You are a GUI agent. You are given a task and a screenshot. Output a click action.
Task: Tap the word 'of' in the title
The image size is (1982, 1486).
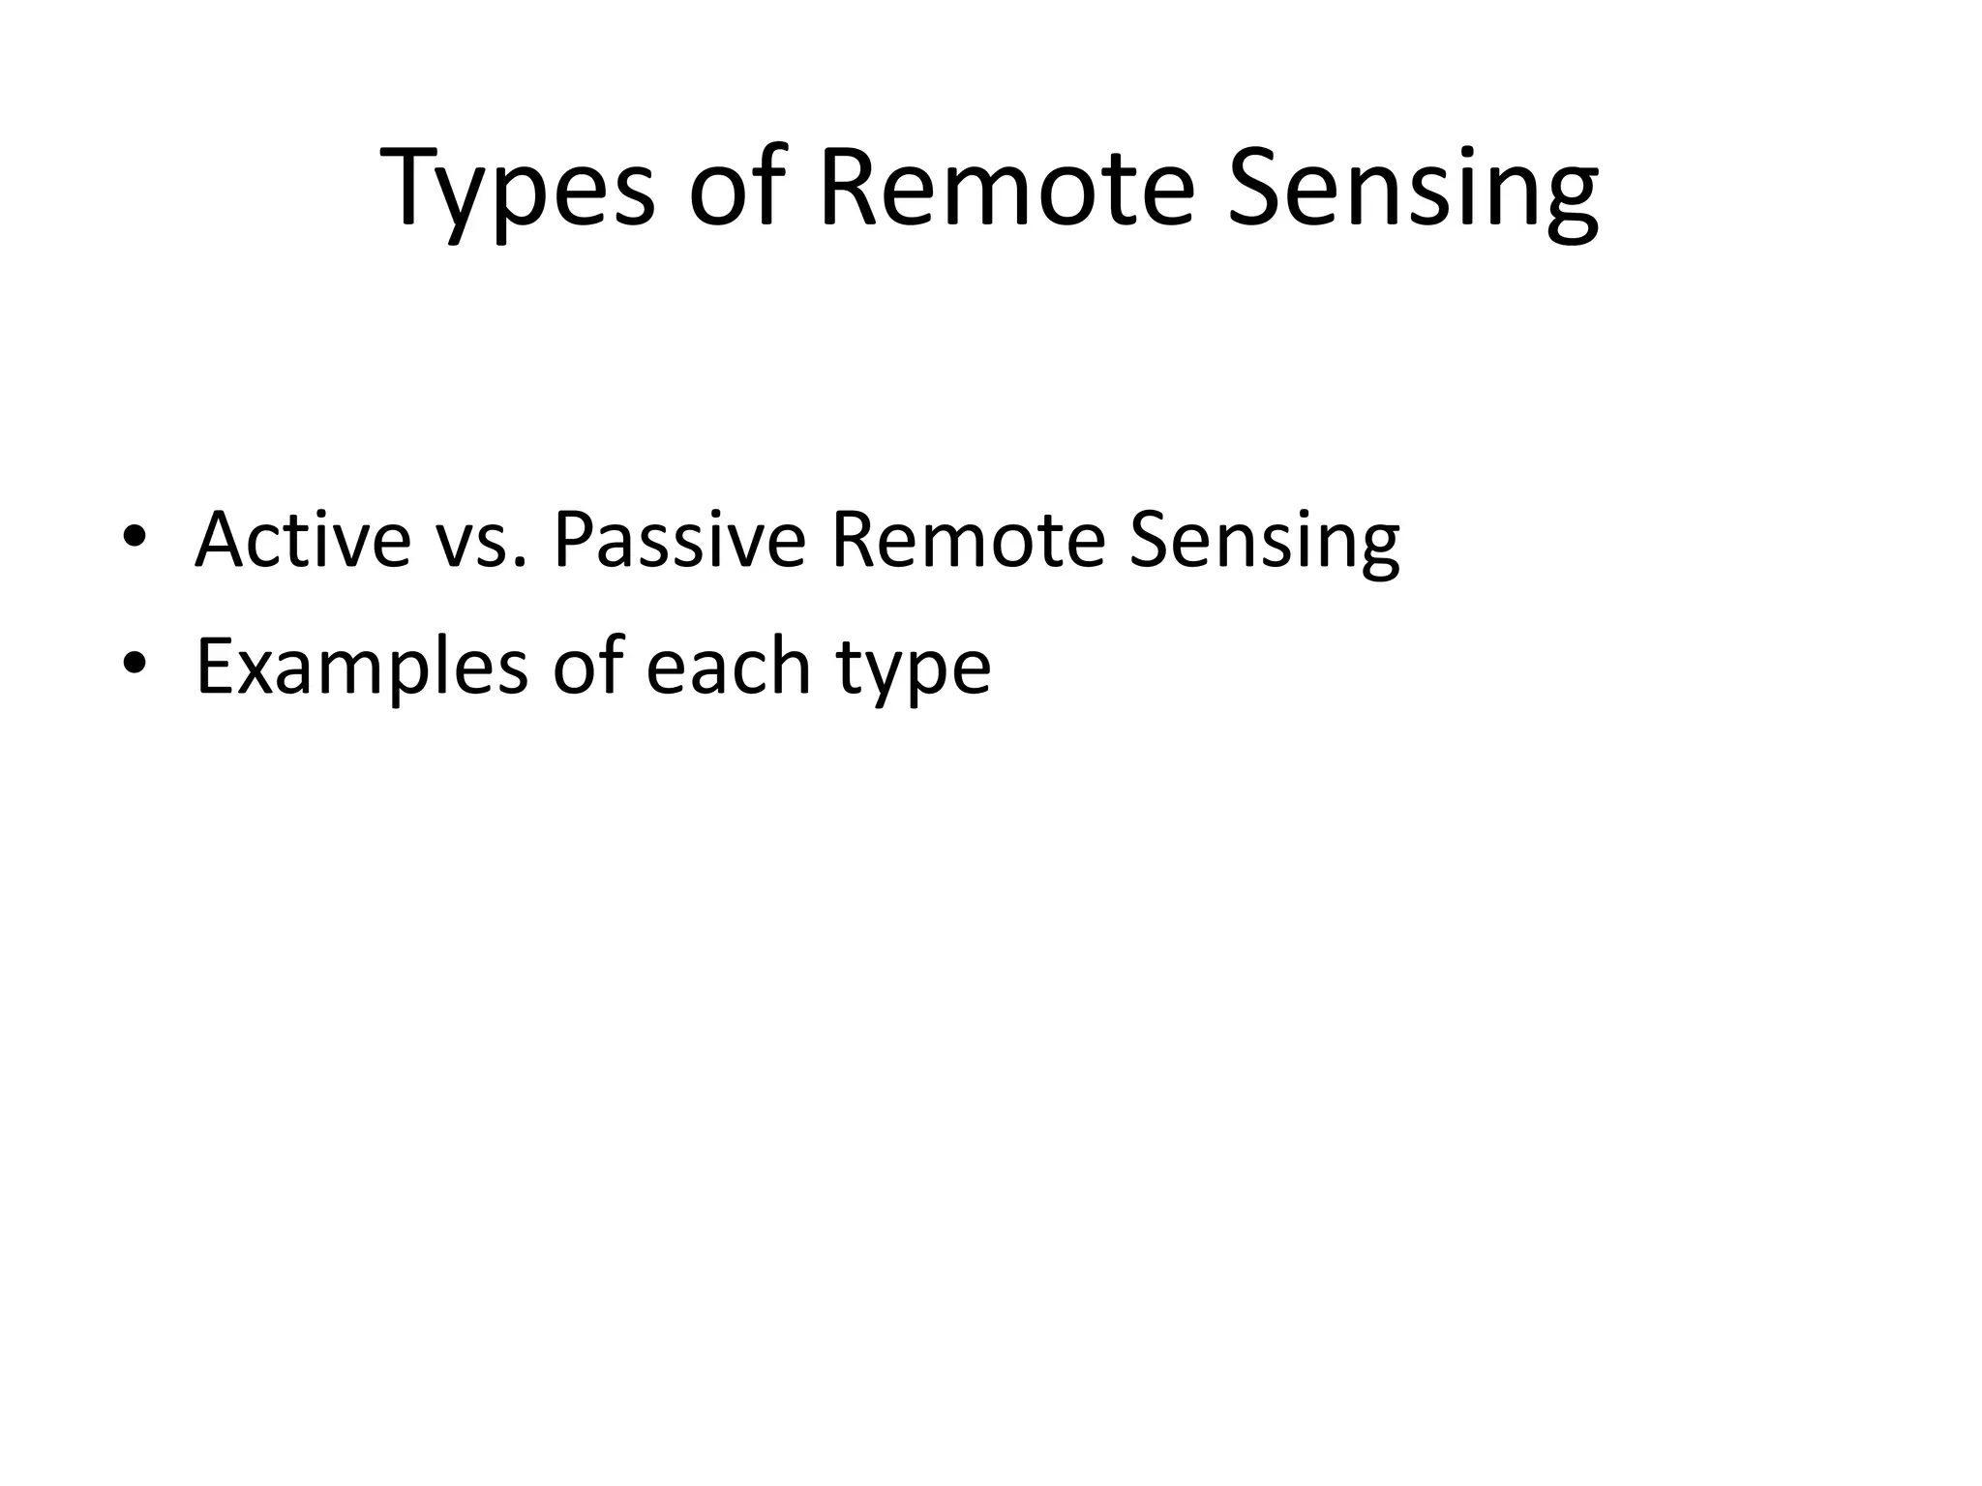point(734,189)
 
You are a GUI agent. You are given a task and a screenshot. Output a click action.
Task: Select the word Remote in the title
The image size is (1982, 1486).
point(1006,189)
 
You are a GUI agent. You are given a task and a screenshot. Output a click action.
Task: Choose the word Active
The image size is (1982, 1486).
point(303,540)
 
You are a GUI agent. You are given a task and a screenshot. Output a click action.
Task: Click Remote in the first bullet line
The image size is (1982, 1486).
point(967,540)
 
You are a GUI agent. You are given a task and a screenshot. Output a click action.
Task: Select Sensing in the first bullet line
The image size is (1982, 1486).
point(1263,544)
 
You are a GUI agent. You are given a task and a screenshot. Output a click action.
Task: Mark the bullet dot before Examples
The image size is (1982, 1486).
point(135,665)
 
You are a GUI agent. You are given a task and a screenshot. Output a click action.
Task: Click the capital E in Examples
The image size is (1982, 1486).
point(215,667)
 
